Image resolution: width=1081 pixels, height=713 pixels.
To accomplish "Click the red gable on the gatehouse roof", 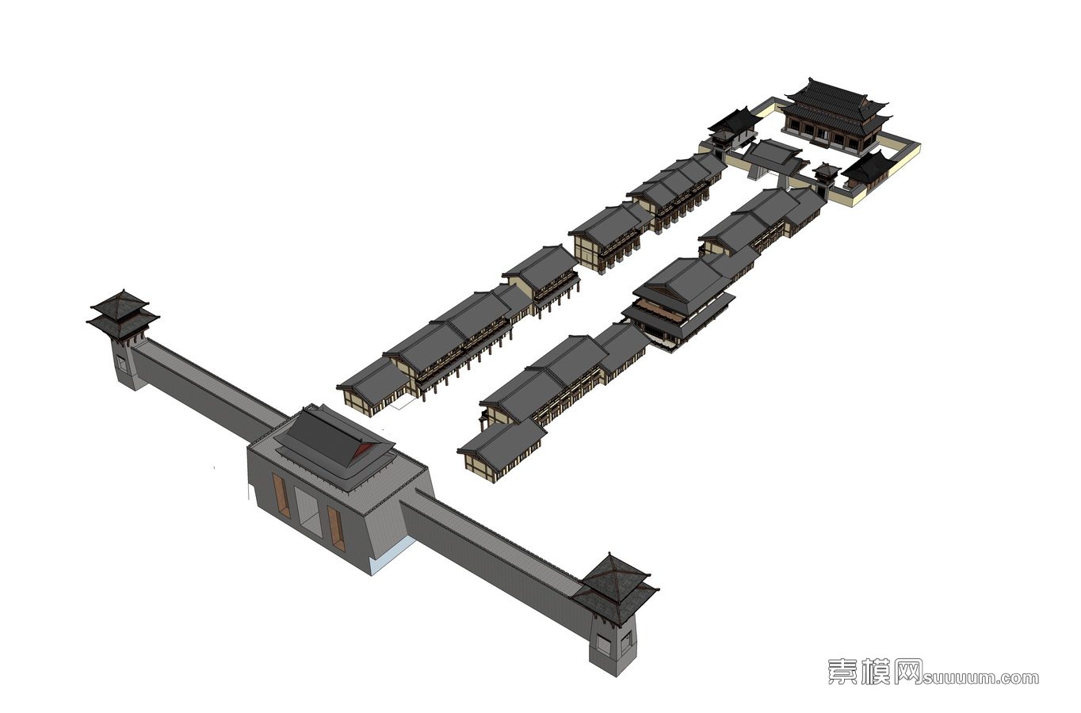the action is tap(363, 450).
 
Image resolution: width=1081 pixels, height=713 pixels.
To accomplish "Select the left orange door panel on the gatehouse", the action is tap(281, 496).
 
